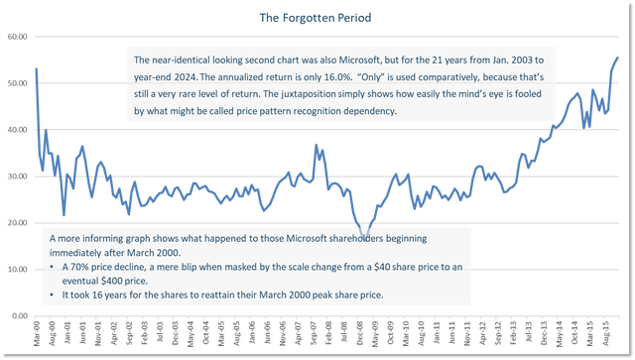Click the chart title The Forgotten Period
click(317, 18)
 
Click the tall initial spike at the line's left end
click(38, 67)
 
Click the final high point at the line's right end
click(618, 57)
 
